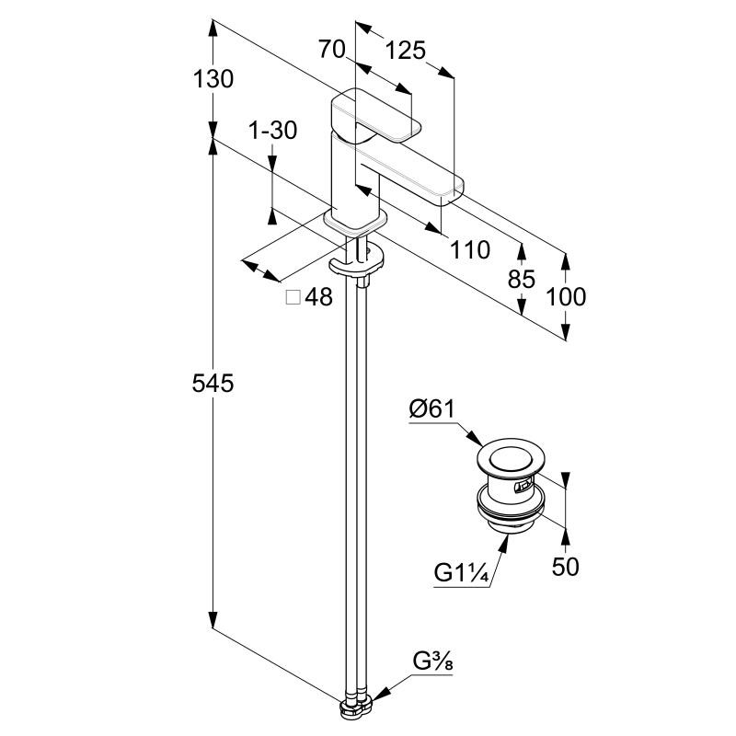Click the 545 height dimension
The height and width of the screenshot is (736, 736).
(x=213, y=383)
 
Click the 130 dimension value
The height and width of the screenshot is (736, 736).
(x=213, y=79)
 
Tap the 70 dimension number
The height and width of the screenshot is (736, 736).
(x=331, y=50)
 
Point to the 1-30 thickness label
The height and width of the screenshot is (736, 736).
(x=273, y=131)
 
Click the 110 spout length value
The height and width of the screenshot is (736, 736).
(x=469, y=248)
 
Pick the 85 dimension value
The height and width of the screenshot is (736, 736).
(x=521, y=279)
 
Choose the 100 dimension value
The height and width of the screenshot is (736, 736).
(x=566, y=296)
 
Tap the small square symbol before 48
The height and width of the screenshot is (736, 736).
(x=293, y=297)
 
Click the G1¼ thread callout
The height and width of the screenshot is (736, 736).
(x=461, y=573)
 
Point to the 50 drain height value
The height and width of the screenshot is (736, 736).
(x=566, y=566)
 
